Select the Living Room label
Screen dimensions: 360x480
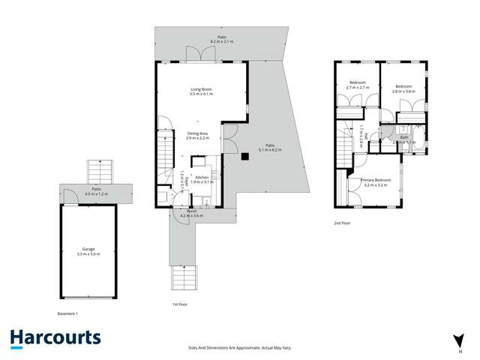pyautogui.click(x=202, y=91)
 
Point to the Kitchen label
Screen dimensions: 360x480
pyautogui.click(x=202, y=179)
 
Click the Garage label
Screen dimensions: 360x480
pyautogui.click(x=88, y=252)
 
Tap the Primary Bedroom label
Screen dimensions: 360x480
pyautogui.click(x=376, y=182)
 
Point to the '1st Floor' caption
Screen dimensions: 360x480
pyautogui.click(x=180, y=304)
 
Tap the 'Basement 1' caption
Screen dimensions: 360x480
pyautogui.click(x=67, y=313)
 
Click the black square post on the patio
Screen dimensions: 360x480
pyautogui.click(x=244, y=157)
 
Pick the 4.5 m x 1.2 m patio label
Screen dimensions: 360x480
pyautogui.click(x=97, y=191)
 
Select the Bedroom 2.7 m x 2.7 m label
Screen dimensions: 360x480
pyautogui.click(x=356, y=85)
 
